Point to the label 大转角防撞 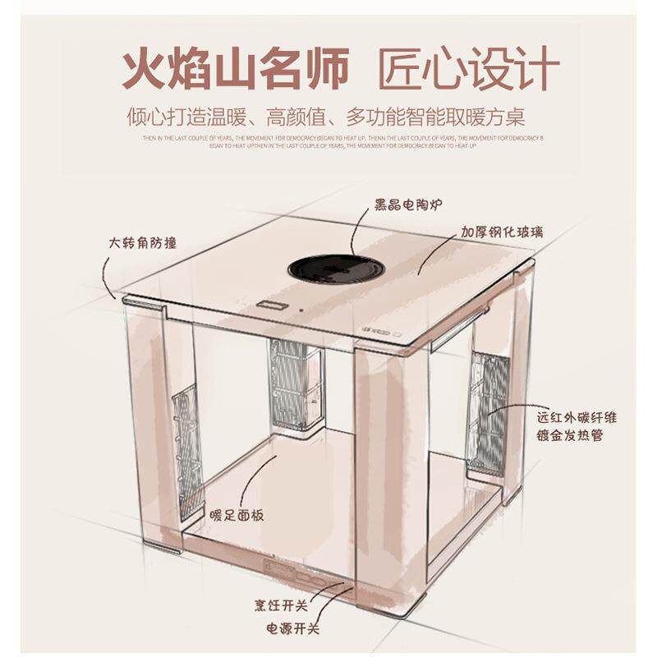click(142, 243)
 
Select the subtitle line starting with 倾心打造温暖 click(327, 116)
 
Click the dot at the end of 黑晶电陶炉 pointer click(351, 253)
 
